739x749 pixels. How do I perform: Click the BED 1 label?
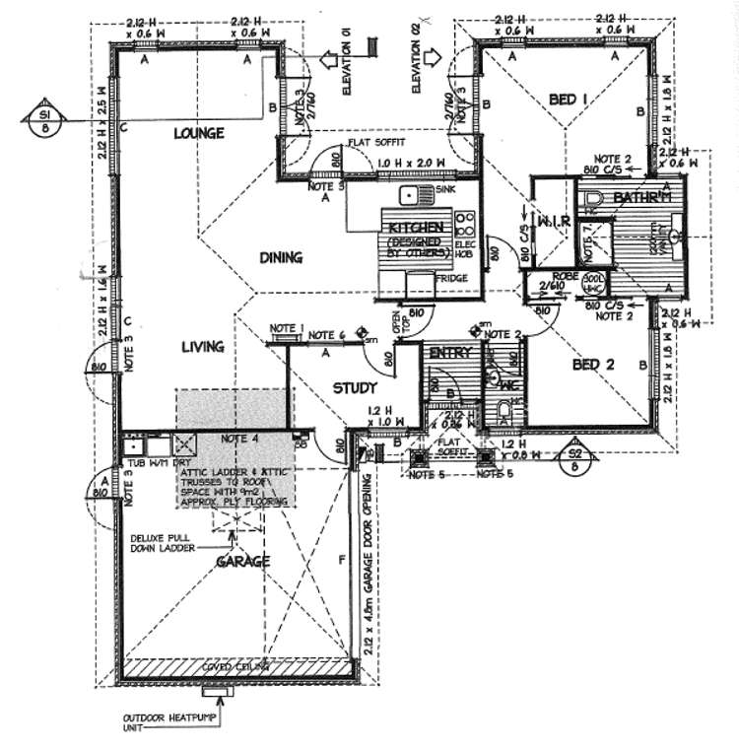point(569,99)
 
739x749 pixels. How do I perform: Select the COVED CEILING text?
point(232,666)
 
